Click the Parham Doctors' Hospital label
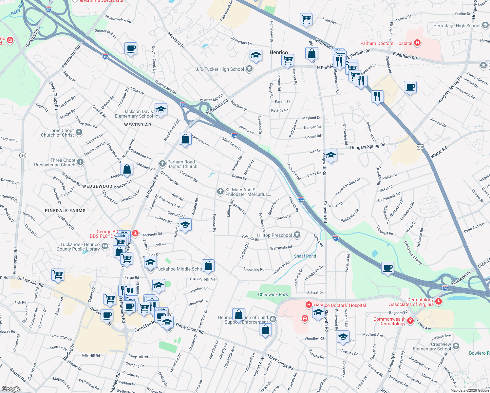(386, 43)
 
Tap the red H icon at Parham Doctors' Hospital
(417, 43)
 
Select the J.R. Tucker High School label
(220, 69)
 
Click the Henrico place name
(279, 52)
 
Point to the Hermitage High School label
(457, 26)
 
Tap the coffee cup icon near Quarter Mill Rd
(131, 49)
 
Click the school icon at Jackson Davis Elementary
(161, 110)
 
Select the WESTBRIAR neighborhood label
(138, 125)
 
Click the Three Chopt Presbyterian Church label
(55, 162)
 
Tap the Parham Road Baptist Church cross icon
(162, 163)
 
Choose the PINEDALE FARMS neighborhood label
(65, 211)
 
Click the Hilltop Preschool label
(274, 235)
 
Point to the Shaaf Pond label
(305, 256)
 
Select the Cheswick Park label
(273, 294)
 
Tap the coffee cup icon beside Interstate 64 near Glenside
(388, 268)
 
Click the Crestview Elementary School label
(432, 346)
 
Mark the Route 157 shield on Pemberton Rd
(23, 155)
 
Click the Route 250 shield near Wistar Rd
(420, 147)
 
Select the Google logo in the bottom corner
(11, 389)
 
